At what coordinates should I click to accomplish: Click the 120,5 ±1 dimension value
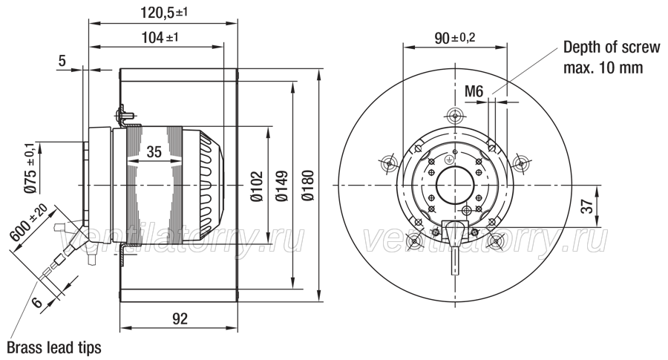pyautogui.click(x=164, y=13)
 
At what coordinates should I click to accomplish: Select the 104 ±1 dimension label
pyautogui.click(x=160, y=38)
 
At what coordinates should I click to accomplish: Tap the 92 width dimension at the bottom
pyautogui.click(x=180, y=318)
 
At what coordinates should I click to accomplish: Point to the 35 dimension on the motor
pyautogui.click(x=154, y=151)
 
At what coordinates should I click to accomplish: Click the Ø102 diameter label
pyautogui.click(x=257, y=186)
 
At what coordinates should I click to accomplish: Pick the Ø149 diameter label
pyautogui.click(x=281, y=186)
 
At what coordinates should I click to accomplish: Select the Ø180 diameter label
pyautogui.click(x=307, y=186)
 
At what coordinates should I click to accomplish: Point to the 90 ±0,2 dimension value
pyautogui.click(x=454, y=39)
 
